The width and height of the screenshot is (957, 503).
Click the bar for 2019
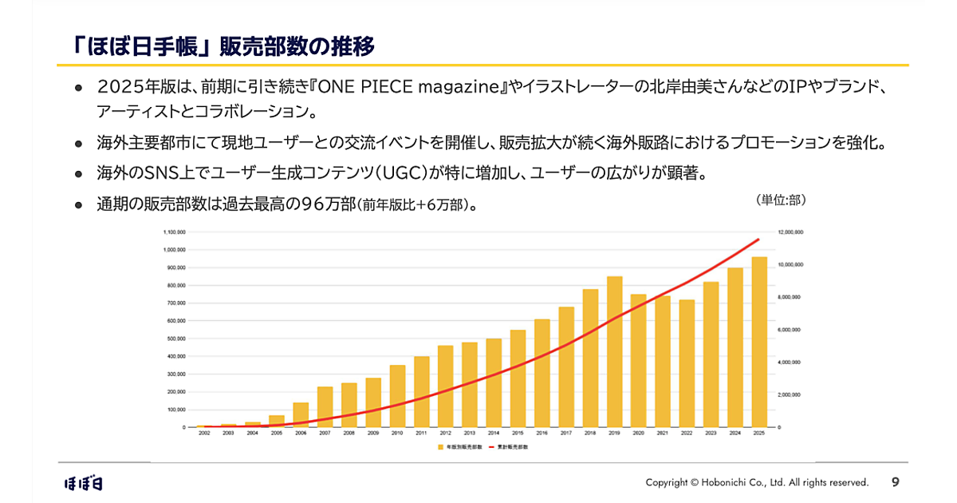pos(614,351)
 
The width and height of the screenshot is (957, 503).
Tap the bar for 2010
pos(397,396)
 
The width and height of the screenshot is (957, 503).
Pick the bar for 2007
pos(325,407)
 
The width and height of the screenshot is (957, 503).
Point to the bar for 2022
pos(687,363)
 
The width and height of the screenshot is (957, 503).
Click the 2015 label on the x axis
pos(518,433)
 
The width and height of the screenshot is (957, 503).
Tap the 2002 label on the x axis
pos(204,433)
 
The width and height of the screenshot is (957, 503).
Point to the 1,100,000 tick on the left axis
pos(175,232)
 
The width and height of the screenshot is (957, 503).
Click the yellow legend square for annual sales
pos(440,447)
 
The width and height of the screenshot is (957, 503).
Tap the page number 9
pos(895,481)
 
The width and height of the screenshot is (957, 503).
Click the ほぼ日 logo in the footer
pos(84,482)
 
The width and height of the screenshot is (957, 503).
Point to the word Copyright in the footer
pos(666,482)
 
